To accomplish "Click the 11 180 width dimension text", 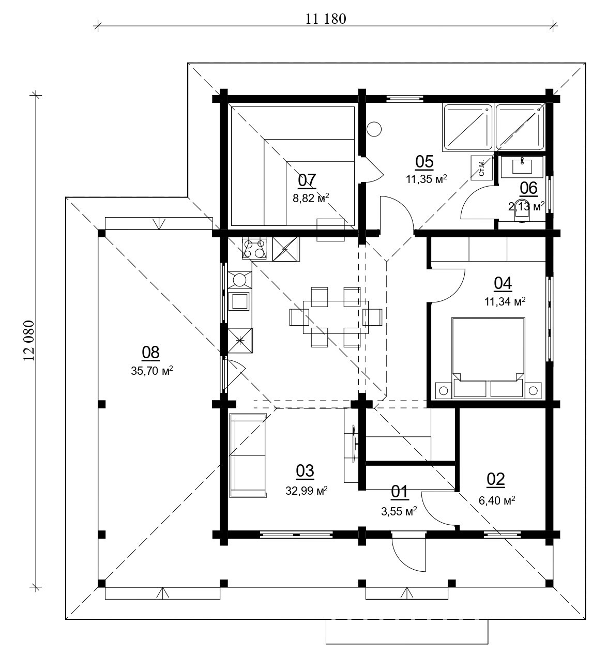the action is point(325,19).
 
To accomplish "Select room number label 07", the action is point(307,180).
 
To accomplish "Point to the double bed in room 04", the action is point(489,357).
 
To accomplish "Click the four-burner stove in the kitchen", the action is point(254,248).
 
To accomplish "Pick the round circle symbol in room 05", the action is point(374,129).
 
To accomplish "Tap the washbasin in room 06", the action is point(522,166).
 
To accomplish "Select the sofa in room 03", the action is point(248,455).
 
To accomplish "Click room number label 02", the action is point(495,479).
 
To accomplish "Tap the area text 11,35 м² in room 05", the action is point(426,179).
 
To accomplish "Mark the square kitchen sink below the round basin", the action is point(239,300).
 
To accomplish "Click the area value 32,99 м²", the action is point(306,490).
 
